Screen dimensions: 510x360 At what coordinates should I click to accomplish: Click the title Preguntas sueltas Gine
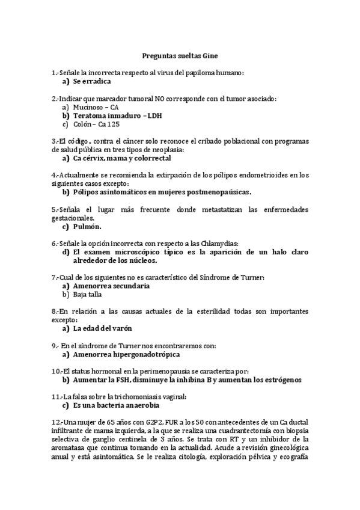[180, 55]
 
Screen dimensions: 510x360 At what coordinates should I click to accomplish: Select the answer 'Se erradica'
[92, 81]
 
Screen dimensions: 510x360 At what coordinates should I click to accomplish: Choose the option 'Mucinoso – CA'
[96, 106]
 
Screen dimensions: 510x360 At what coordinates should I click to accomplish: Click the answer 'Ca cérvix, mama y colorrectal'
[122, 158]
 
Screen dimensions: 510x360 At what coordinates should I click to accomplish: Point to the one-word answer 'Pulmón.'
[87, 227]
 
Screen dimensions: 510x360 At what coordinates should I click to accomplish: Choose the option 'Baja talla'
[88, 295]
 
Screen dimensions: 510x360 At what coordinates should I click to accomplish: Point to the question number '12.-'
[58, 423]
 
